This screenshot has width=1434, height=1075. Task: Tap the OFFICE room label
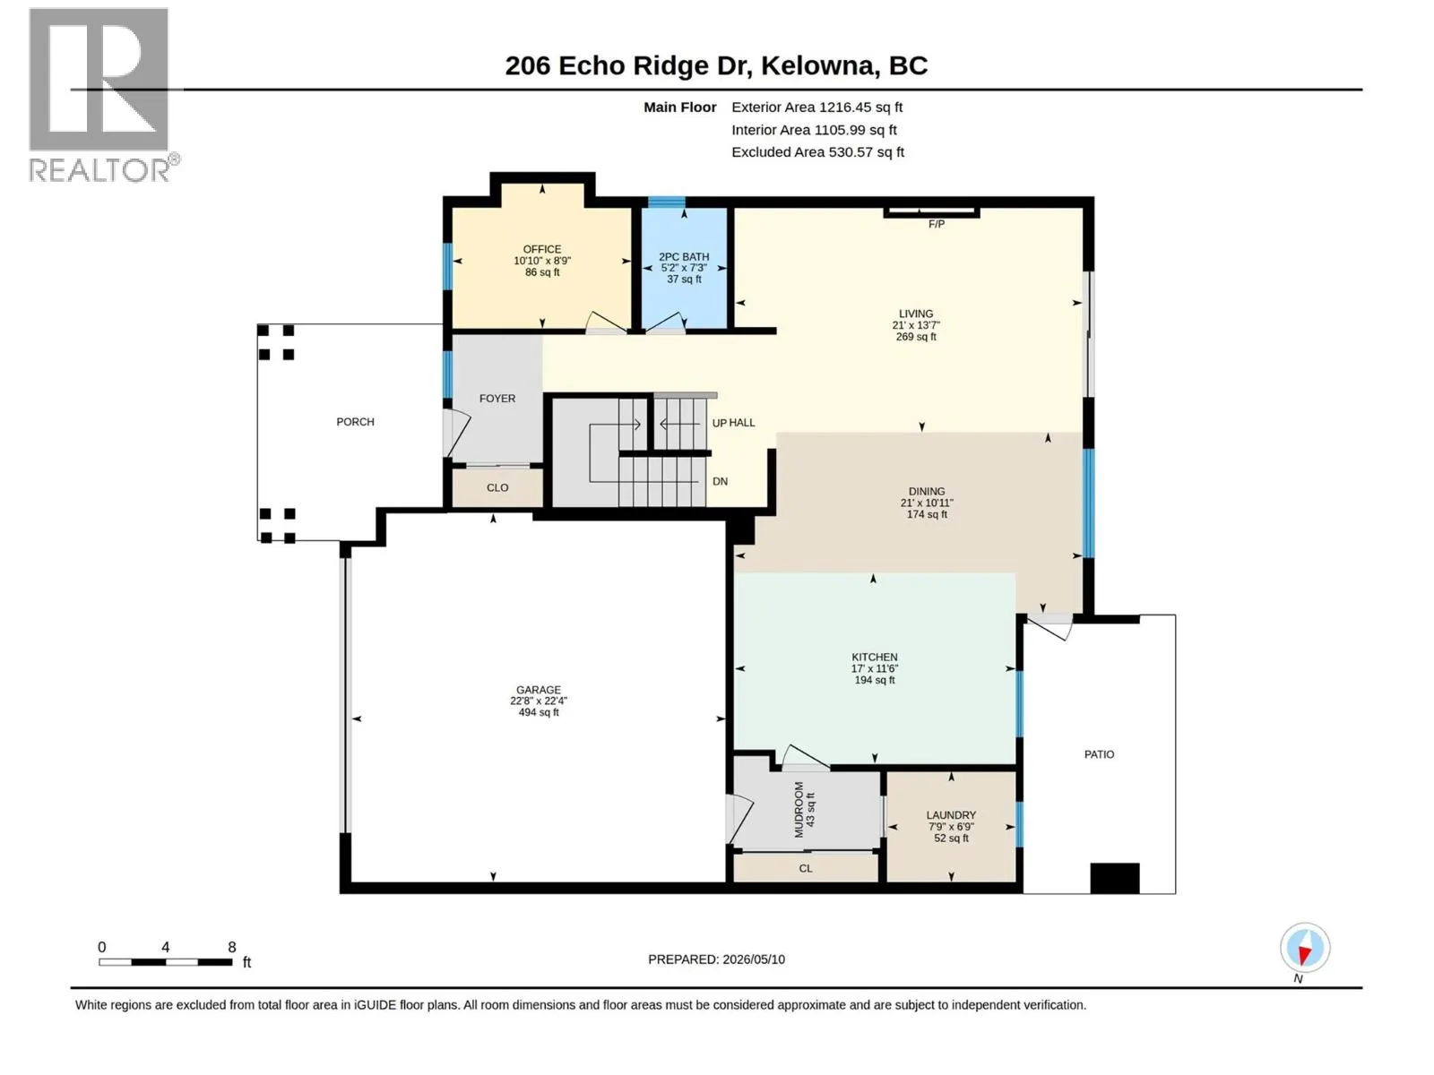(x=541, y=249)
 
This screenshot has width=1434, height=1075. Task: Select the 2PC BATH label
(x=683, y=256)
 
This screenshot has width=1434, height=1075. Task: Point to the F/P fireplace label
(x=936, y=224)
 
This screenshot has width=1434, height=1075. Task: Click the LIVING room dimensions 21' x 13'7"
(x=915, y=325)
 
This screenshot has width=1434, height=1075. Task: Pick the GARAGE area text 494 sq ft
(x=539, y=712)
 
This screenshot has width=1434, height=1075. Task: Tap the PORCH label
(x=355, y=422)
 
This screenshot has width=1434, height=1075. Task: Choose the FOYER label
(x=497, y=398)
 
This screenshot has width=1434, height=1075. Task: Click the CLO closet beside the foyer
(x=497, y=487)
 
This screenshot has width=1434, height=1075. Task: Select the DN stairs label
(x=720, y=481)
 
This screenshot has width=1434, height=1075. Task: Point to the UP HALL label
(x=733, y=423)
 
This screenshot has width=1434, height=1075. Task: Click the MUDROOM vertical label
(x=798, y=809)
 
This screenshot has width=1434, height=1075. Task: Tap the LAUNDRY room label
(x=951, y=815)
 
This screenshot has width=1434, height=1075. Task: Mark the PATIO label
(x=1099, y=754)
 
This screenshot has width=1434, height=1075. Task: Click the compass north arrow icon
(x=1304, y=948)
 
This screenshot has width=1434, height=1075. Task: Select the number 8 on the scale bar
(x=232, y=946)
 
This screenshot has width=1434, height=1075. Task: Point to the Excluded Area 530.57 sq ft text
(x=817, y=152)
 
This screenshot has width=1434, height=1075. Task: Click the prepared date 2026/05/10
(x=753, y=959)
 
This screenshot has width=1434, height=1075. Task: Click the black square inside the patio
(x=1115, y=878)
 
